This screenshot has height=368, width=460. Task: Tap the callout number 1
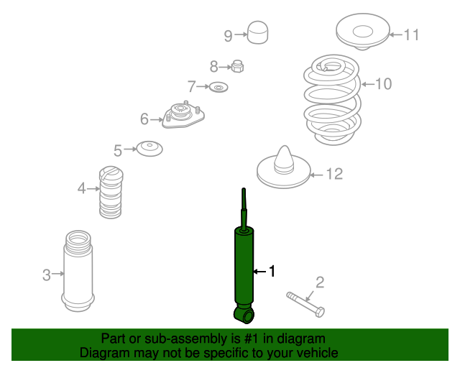coord(272,271)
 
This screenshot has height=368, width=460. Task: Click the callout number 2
coord(320,282)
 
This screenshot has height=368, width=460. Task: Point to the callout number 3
coord(46,275)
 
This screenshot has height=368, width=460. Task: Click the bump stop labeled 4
coord(110,192)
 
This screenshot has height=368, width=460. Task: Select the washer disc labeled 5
coord(150,149)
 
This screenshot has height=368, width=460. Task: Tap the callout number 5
coord(118,150)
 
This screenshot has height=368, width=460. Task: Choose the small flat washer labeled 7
coord(218,88)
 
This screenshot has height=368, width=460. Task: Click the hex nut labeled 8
coord(238,68)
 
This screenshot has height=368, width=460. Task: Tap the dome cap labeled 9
coord(258,32)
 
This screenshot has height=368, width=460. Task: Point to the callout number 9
coord(228,35)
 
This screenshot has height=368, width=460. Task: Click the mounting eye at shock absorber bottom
coord(244,315)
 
